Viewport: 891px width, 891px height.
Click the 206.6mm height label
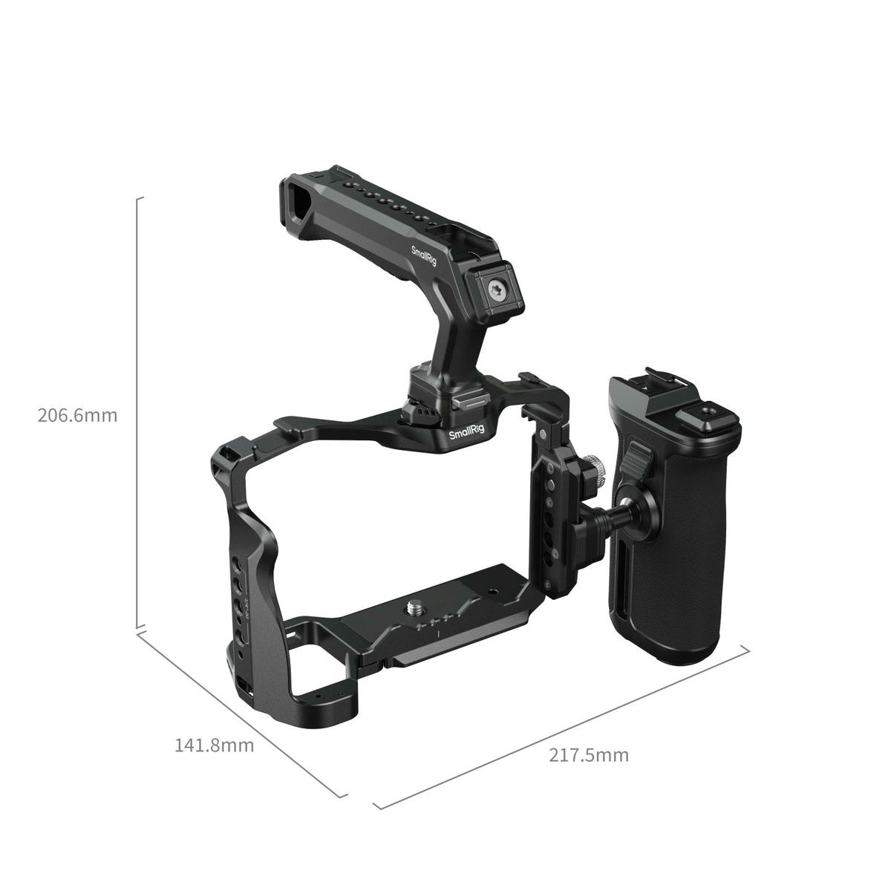click(77, 415)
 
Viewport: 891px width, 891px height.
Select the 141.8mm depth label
click(214, 745)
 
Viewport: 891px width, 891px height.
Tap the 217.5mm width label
click(589, 755)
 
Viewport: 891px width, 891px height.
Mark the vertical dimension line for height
click(138, 416)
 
